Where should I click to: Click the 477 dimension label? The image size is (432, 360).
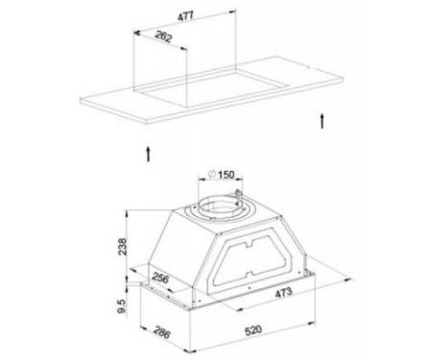pos(185,16)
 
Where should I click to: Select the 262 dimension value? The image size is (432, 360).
pos(163,36)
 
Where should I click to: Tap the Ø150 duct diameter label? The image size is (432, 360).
pos(222,175)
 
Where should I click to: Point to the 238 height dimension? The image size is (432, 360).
pos(123,247)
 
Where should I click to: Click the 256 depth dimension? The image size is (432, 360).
pos(160,277)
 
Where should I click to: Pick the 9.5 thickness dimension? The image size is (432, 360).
pos(122,306)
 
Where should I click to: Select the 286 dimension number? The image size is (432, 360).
pos(161,332)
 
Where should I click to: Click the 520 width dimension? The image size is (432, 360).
pos(253,330)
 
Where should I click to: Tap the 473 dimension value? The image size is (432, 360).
pos(283,293)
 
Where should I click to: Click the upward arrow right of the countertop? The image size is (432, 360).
pos(323,121)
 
